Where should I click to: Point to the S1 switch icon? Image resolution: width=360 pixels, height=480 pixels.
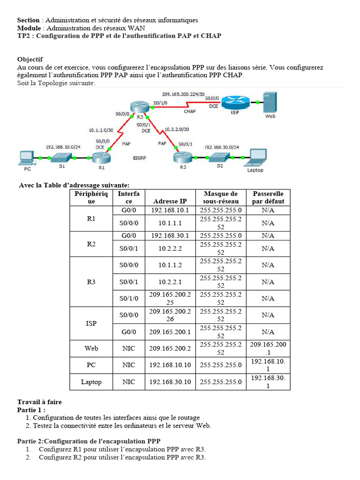coord(61,158)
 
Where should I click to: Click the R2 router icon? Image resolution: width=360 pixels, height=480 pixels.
coord(182,157)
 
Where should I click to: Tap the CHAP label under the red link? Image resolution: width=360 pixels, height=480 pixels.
coord(190,112)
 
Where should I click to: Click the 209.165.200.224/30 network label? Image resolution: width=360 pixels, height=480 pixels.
coord(183,94)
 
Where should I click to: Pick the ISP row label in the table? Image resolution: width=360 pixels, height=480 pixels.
coord(91,323)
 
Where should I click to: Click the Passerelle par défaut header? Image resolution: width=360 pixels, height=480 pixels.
coord(268,197)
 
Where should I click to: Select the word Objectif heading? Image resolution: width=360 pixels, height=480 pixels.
coord(30,60)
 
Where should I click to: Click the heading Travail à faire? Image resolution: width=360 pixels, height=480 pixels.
coord(39,402)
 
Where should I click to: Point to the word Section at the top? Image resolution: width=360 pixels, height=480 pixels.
coord(28,20)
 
